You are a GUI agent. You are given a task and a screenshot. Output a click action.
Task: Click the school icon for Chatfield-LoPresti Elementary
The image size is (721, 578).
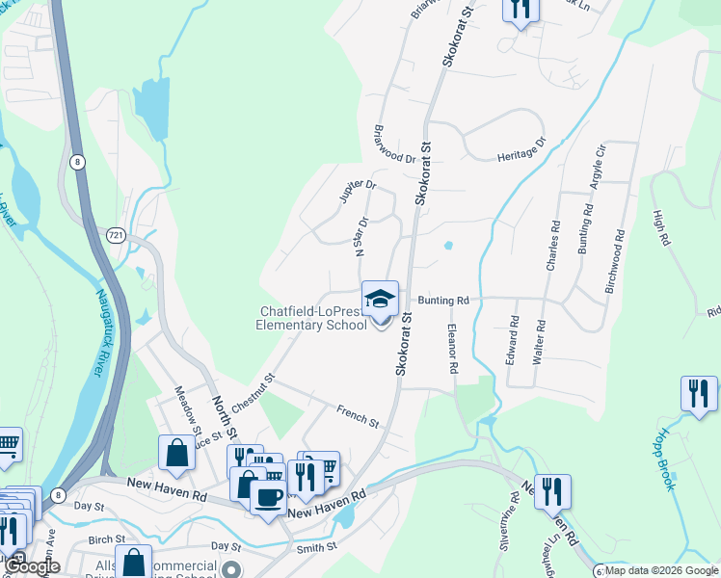tap(380, 299)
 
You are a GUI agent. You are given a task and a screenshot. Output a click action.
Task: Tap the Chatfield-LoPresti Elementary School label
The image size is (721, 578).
tap(313, 318)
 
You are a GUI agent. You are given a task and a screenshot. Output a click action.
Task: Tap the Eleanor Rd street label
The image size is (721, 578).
tap(451, 349)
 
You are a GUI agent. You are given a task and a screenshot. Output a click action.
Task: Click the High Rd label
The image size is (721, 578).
tap(660, 228)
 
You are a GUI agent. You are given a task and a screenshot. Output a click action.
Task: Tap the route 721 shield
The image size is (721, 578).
tap(116, 234)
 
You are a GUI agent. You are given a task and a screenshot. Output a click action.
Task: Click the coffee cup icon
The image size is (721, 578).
tap(268, 497)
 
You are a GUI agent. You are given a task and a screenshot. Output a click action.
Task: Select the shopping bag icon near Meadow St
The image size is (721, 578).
tap(177, 453)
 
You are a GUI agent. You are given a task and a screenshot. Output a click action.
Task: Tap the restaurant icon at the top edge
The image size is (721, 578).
tap(521, 8)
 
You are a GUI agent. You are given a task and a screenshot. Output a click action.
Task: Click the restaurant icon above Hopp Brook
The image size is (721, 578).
tap(698, 393)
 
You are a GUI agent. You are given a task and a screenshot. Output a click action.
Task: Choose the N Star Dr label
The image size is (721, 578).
tap(361, 236)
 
